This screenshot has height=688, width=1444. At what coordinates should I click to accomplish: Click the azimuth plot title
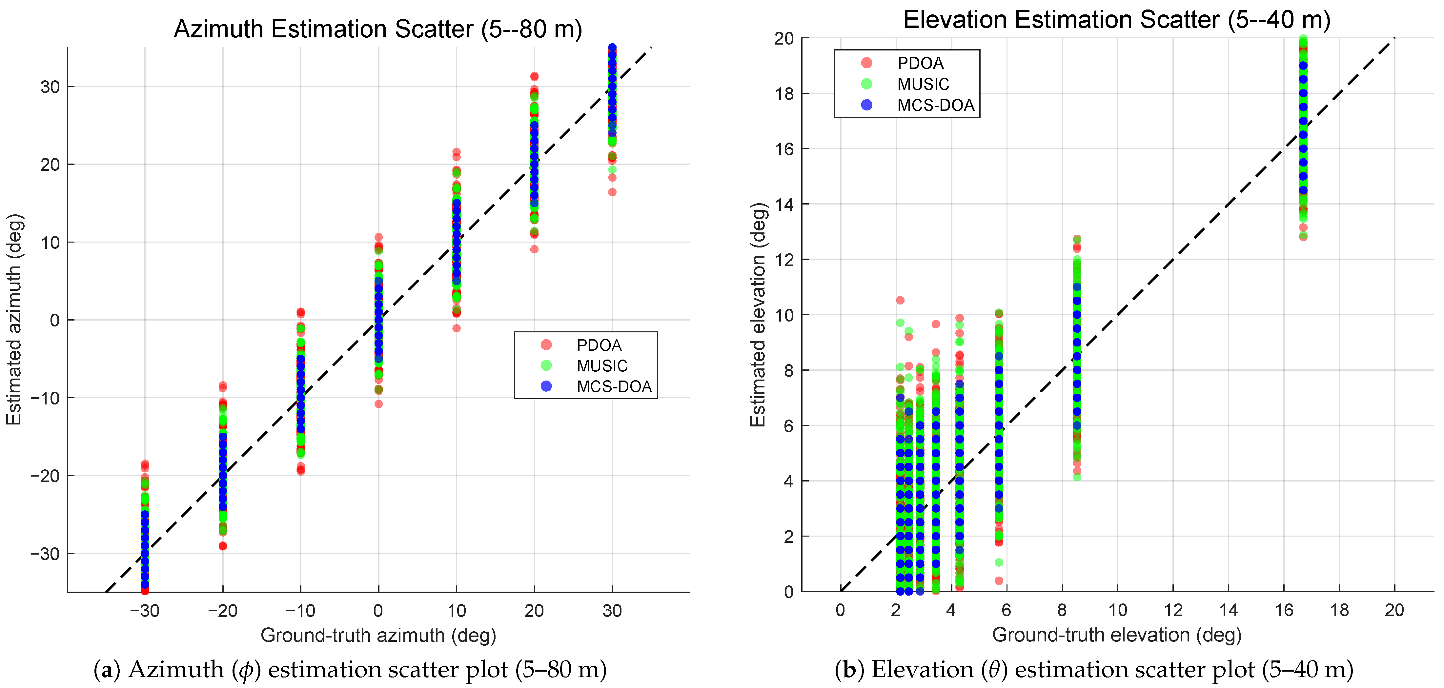click(378, 29)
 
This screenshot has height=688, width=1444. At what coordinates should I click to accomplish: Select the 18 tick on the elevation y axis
click(784, 93)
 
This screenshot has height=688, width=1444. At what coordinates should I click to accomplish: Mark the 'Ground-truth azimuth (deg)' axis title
click(378, 635)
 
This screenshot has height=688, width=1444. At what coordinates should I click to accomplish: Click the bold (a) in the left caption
click(107, 670)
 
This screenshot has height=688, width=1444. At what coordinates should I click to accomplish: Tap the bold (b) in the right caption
click(849, 670)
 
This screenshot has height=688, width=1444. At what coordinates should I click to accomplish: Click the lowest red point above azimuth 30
click(612, 192)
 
